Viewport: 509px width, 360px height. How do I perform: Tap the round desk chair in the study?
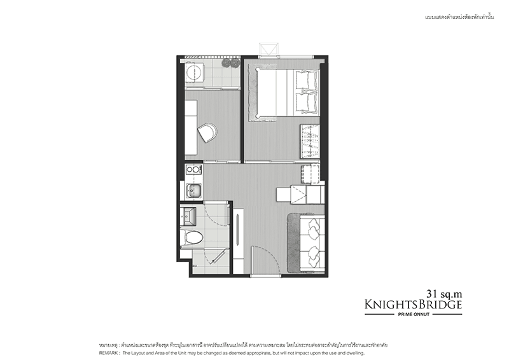pyautogui.click(x=208, y=133)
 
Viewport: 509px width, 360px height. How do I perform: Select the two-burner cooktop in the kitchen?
pyautogui.click(x=193, y=170)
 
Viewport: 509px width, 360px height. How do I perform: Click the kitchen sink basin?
pyautogui.click(x=193, y=190)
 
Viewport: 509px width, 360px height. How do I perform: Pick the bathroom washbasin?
pyautogui.click(x=192, y=216)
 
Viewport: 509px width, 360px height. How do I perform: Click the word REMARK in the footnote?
pyautogui.click(x=112, y=352)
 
